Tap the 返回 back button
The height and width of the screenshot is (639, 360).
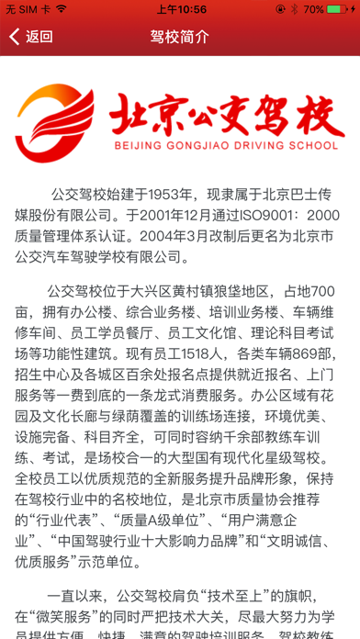(x=30, y=38)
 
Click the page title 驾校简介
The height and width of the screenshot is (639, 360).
(x=179, y=38)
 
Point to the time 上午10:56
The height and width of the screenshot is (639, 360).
(x=181, y=9)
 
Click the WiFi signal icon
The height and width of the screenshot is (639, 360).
(x=61, y=9)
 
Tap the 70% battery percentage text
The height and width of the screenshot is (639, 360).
(x=315, y=9)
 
